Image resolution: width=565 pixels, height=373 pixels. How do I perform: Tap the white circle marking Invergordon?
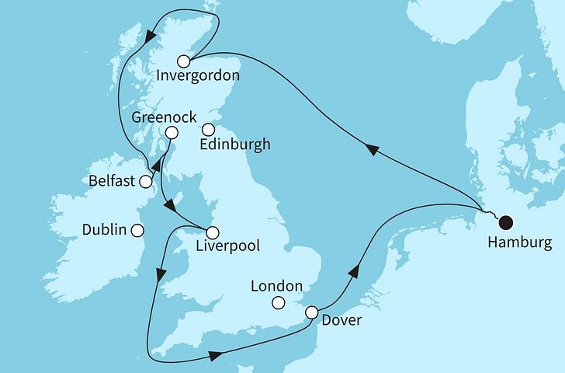click(183, 61)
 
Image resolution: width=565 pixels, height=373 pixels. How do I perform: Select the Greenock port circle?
click(171, 133)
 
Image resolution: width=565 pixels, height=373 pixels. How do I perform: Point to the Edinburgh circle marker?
click(208, 130)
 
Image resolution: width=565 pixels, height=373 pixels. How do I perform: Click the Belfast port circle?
click(146, 181)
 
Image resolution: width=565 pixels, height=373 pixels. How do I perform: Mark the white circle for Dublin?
click(137, 230)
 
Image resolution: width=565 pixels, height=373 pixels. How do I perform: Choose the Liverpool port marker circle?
click(211, 232)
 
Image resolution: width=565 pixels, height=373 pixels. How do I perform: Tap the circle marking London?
click(280, 303)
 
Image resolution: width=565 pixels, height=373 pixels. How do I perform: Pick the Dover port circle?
click(311, 312)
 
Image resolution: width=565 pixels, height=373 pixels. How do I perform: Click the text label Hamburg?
click(519, 244)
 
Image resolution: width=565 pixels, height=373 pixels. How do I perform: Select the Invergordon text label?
click(197, 76)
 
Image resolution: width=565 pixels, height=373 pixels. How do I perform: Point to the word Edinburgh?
click(235, 145)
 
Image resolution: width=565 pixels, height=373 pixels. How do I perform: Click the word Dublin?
click(103, 230)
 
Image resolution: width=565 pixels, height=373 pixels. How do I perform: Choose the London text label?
click(276, 286)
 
